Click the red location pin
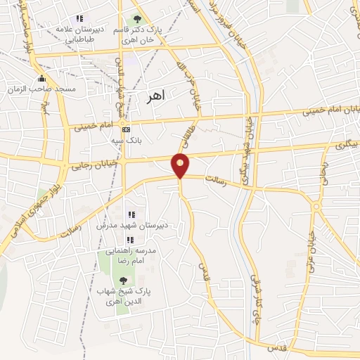pos(181,165)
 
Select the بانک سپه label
pos(127,141)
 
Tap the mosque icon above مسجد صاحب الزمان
pos(42,77)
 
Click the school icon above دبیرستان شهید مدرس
pos(131,214)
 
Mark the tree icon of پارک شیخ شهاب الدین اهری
pos(124,281)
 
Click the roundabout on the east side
pos(316,206)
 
